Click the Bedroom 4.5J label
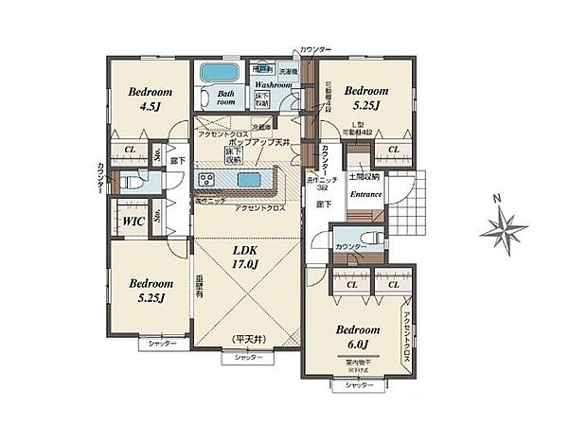tap(150, 99)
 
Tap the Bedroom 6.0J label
tap(358, 337)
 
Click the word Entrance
tap(365, 195)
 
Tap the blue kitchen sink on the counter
tap(248, 181)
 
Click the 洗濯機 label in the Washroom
tap(287, 72)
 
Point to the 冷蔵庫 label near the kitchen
tap(262, 127)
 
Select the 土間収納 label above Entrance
tap(365, 177)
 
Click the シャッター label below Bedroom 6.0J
tap(357, 385)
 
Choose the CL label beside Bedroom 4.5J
tap(129, 150)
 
